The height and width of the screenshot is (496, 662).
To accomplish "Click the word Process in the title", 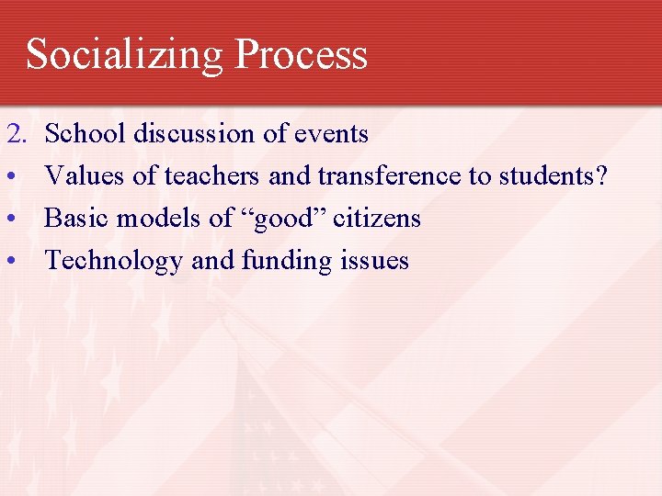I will pos(301,54).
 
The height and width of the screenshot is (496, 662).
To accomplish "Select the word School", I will pos(86,134).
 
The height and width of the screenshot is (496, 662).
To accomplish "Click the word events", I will pos(331,134).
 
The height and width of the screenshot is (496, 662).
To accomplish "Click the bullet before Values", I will pos(12,176).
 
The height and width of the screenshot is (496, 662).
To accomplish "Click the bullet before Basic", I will pos(12,219).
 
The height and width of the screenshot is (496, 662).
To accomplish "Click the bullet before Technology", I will pos(12,261).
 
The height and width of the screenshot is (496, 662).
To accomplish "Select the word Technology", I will pos(114,261).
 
